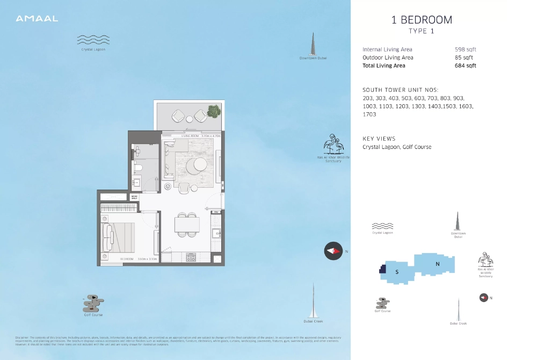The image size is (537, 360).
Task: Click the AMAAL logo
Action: [x=37, y=19]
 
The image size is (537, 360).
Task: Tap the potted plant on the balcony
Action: [x=214, y=111]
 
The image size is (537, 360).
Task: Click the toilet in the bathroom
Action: [x=137, y=168]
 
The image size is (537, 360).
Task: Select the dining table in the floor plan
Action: [x=187, y=224]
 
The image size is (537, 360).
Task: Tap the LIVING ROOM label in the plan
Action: [x=190, y=136]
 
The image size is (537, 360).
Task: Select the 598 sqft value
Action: [x=465, y=49]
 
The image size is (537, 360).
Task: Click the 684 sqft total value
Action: [x=465, y=66]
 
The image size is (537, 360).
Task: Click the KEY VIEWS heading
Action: [x=379, y=139]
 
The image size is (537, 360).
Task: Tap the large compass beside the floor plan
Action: [x=333, y=251]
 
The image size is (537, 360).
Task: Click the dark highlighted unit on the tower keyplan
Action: [x=382, y=269]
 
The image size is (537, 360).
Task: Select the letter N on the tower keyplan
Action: [x=438, y=264]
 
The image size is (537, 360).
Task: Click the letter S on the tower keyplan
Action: [x=397, y=272]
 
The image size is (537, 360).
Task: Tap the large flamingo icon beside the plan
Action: [x=333, y=144]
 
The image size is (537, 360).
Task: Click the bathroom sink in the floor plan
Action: [x=136, y=183]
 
